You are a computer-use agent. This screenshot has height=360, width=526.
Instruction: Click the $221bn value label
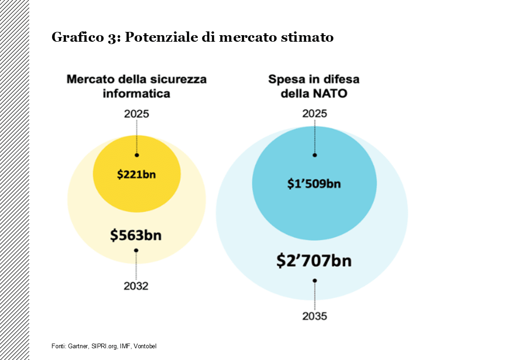click(136, 175)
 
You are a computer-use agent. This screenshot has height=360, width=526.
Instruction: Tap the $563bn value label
click(136, 235)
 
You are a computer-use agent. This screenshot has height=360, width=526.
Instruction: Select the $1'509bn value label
click(314, 183)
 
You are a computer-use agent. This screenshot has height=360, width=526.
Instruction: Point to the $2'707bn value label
click(314, 261)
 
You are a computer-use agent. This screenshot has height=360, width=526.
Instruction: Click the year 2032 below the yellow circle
click(136, 286)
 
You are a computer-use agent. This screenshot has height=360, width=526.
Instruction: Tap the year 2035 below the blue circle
click(315, 316)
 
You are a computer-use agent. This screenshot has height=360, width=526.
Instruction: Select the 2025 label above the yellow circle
click(136, 114)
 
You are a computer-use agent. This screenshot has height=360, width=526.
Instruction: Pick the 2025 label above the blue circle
click(315, 114)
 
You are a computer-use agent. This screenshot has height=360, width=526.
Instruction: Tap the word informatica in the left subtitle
click(136, 93)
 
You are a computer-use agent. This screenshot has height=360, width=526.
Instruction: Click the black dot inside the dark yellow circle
click(136, 155)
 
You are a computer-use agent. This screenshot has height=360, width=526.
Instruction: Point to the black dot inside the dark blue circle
click(315, 155)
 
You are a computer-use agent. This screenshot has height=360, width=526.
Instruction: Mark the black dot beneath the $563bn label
click(136, 250)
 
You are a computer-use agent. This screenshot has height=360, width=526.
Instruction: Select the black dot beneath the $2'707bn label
click(315, 281)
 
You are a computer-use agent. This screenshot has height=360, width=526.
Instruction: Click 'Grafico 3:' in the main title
click(86, 37)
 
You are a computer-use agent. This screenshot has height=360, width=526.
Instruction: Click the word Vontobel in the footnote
click(145, 346)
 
